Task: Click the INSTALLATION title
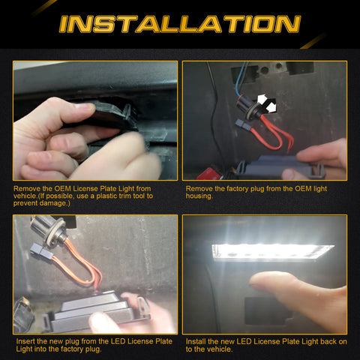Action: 180,24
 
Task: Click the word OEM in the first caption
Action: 62,188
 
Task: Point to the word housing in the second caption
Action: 199,196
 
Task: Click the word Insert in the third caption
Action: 25,341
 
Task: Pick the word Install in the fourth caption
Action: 196,341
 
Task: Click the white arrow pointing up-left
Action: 262,99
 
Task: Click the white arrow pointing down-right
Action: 271,108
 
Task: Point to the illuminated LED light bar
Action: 272,252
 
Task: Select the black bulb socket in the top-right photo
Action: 248,107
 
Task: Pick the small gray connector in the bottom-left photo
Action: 41,251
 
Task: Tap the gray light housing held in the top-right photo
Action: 275,167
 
